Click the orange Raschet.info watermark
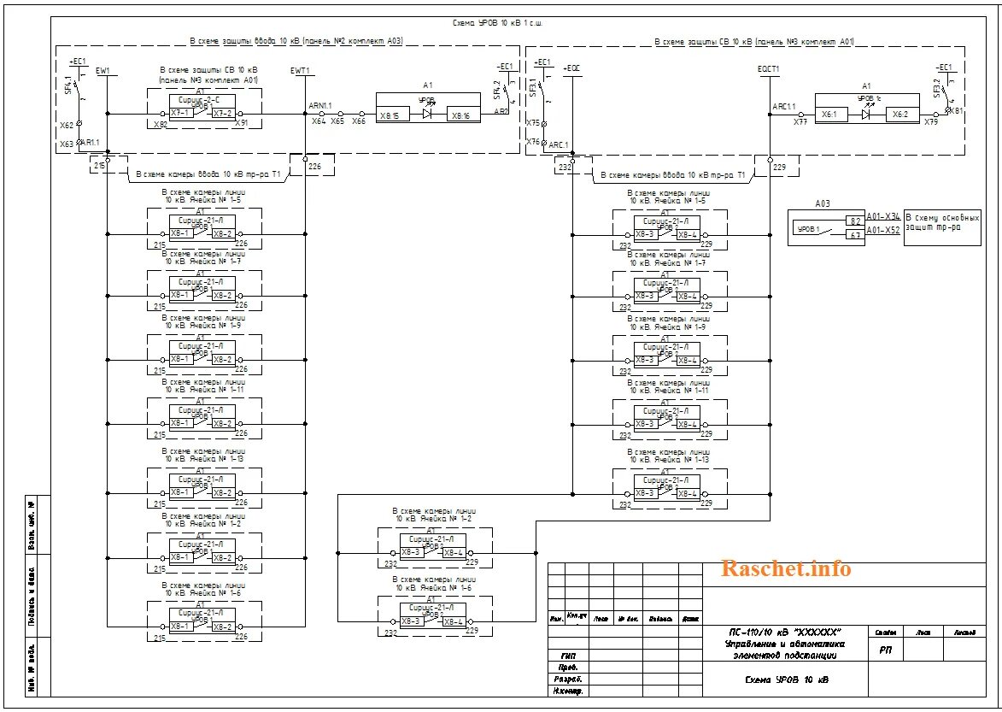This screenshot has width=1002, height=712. [x=786, y=568]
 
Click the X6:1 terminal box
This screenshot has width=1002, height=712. [x=829, y=114]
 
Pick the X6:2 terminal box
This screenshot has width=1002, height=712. [x=899, y=114]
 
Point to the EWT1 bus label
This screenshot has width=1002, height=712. [x=301, y=69]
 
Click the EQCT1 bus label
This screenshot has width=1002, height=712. [x=768, y=69]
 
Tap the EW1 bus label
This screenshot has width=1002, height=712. [x=103, y=69]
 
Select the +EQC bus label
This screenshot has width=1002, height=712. [x=571, y=68]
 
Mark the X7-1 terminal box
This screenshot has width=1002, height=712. [x=179, y=113]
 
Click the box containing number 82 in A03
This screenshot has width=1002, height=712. [x=855, y=221]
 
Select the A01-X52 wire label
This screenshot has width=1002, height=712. [x=883, y=230]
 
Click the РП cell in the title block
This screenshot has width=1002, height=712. [x=885, y=650]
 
